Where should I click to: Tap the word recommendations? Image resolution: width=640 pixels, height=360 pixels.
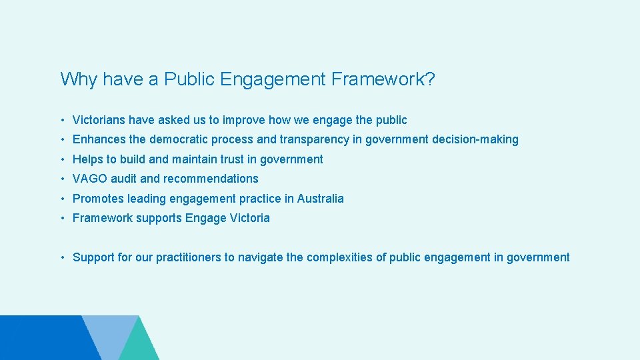click(211, 179)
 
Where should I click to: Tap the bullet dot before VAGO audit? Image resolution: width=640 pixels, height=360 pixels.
click(62, 179)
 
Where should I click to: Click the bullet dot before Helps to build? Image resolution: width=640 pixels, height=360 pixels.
click(62, 159)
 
